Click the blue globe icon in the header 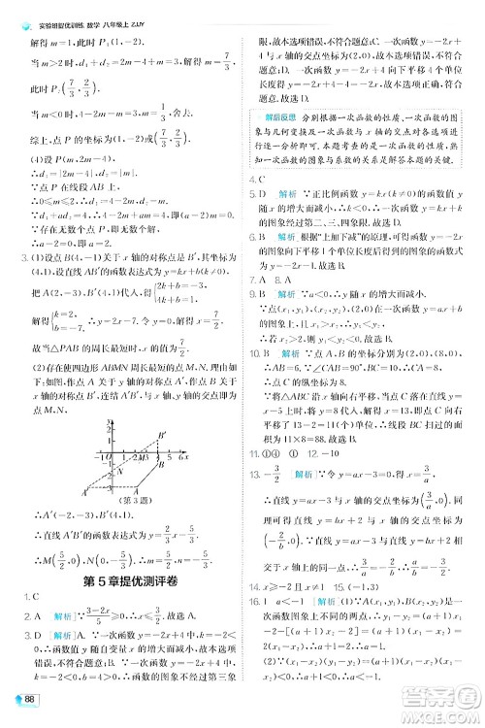pos(14,10)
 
